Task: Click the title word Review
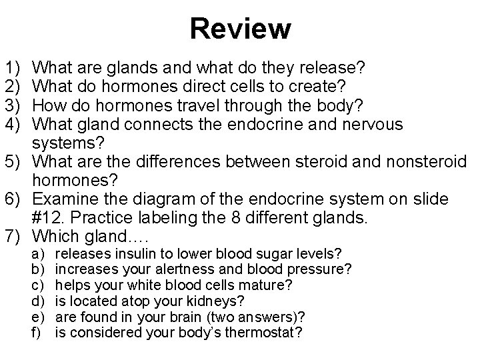pyautogui.click(x=240, y=29)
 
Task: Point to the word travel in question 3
pyautogui.click(x=194, y=105)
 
